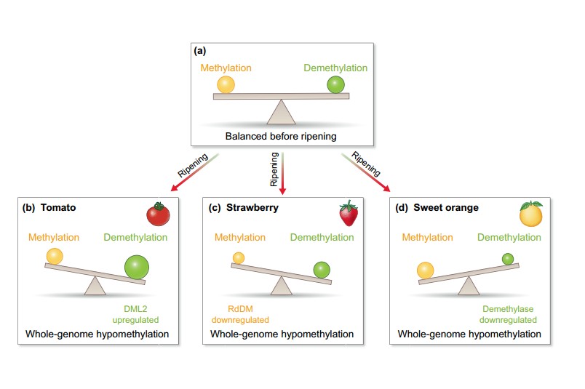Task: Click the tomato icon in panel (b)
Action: click(x=158, y=214)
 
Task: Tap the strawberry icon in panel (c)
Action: click(x=349, y=213)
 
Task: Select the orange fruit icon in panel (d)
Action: click(x=531, y=214)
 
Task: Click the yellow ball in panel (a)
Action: click(x=226, y=84)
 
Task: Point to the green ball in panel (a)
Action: click(x=335, y=84)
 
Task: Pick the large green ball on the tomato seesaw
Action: click(x=137, y=267)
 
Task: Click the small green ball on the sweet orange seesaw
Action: click(x=508, y=259)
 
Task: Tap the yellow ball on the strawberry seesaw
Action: click(x=239, y=258)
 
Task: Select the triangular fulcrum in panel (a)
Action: click(x=282, y=111)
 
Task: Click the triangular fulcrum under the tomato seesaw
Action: click(x=95, y=286)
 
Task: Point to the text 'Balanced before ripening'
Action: click(x=281, y=136)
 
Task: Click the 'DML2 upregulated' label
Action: click(x=135, y=314)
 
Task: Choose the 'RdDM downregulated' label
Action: click(x=240, y=314)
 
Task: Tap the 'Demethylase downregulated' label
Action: click(x=508, y=314)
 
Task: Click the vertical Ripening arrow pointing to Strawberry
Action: click(x=283, y=173)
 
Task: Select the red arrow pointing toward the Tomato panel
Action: click(x=194, y=172)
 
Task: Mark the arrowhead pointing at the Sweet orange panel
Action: click(x=386, y=188)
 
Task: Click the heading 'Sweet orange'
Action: click(x=446, y=207)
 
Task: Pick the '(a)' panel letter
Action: click(x=200, y=51)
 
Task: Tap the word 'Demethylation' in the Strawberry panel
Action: click(x=322, y=237)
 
